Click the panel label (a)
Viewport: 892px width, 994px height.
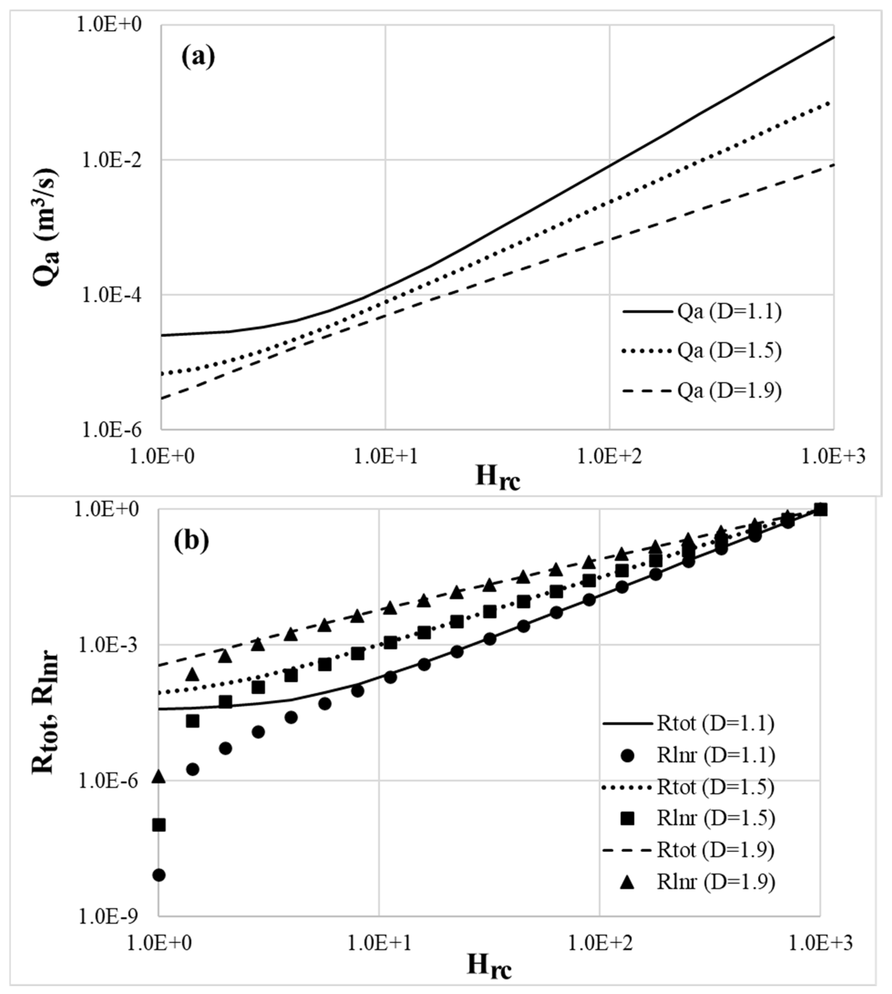198,57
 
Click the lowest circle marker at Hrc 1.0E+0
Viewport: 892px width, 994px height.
159,875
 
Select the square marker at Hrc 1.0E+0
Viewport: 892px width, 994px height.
159,825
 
